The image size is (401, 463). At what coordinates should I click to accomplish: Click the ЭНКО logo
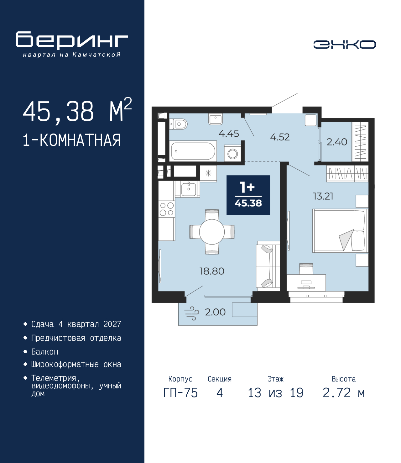[x=344, y=45]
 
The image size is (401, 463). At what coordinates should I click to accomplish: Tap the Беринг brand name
[x=72, y=40]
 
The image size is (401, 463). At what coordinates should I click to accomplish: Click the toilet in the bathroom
[x=179, y=124]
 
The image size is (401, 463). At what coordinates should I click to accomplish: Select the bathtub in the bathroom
[x=193, y=151]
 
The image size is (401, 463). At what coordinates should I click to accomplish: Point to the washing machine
[x=232, y=154]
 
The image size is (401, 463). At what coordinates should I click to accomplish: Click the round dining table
[x=212, y=232]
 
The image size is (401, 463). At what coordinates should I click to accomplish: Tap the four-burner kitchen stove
[x=166, y=209]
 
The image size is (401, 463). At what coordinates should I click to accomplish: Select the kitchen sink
[x=188, y=189]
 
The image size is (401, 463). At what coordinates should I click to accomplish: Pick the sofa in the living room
[x=268, y=266]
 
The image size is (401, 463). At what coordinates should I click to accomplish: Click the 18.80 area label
[x=212, y=271]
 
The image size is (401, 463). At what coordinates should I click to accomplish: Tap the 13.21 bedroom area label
[x=323, y=197]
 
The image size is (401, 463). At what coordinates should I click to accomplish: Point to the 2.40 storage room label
[x=337, y=142]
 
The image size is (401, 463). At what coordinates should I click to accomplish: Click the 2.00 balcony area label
[x=215, y=312]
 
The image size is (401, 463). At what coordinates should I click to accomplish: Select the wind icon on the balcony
[x=191, y=313]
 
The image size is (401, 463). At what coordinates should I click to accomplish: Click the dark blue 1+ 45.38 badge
[x=248, y=195]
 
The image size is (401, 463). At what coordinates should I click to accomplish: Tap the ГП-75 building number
[x=180, y=393]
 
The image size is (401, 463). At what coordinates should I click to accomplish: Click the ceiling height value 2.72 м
[x=344, y=393]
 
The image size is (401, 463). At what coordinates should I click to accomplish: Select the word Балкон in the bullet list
[x=45, y=352]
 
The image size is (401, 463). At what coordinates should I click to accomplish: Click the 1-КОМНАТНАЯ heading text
[x=72, y=140]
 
